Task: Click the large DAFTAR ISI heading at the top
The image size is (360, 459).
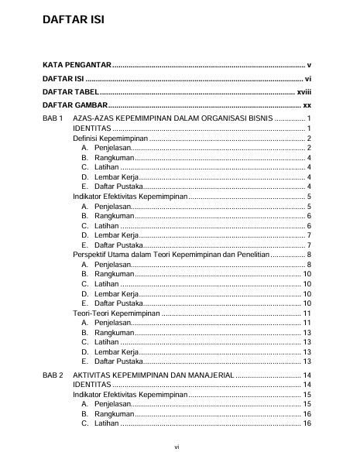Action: click(x=73, y=21)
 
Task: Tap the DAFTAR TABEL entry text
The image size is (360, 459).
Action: click(x=74, y=91)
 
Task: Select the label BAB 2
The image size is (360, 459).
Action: click(x=53, y=375)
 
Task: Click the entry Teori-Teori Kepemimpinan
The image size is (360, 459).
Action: click(x=116, y=313)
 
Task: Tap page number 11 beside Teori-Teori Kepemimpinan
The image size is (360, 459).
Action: click(x=307, y=313)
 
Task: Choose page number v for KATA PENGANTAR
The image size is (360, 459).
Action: click(x=308, y=65)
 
